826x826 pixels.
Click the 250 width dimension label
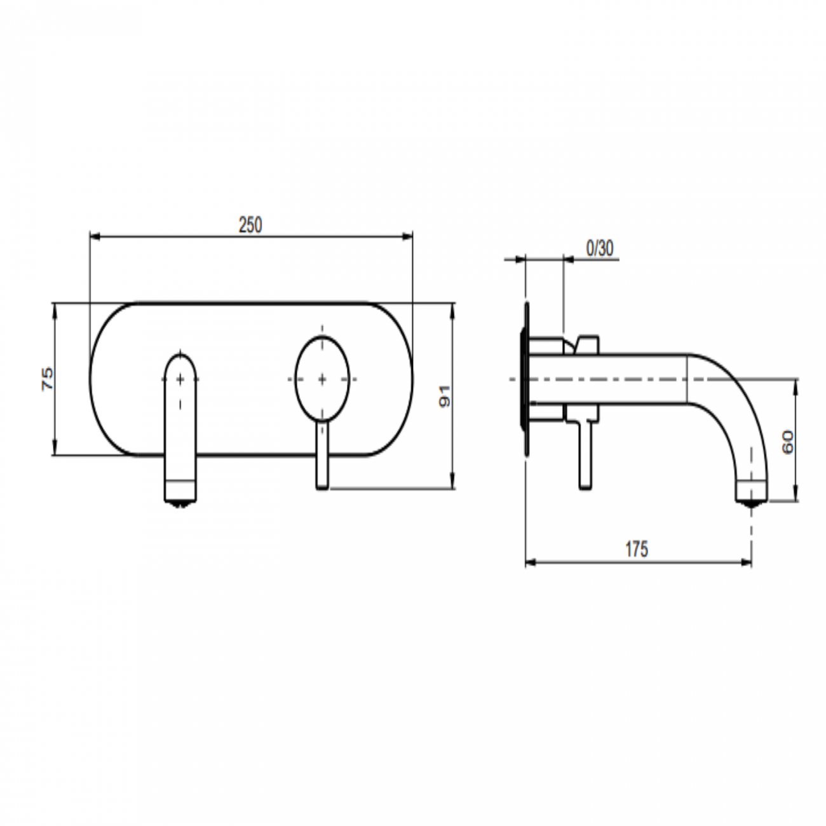click(250, 225)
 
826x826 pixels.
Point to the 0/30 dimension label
click(599, 248)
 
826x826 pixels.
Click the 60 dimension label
click(787, 441)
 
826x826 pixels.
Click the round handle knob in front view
click(322, 379)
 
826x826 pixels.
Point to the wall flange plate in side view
click(525, 379)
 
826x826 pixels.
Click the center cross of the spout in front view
click(181, 379)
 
